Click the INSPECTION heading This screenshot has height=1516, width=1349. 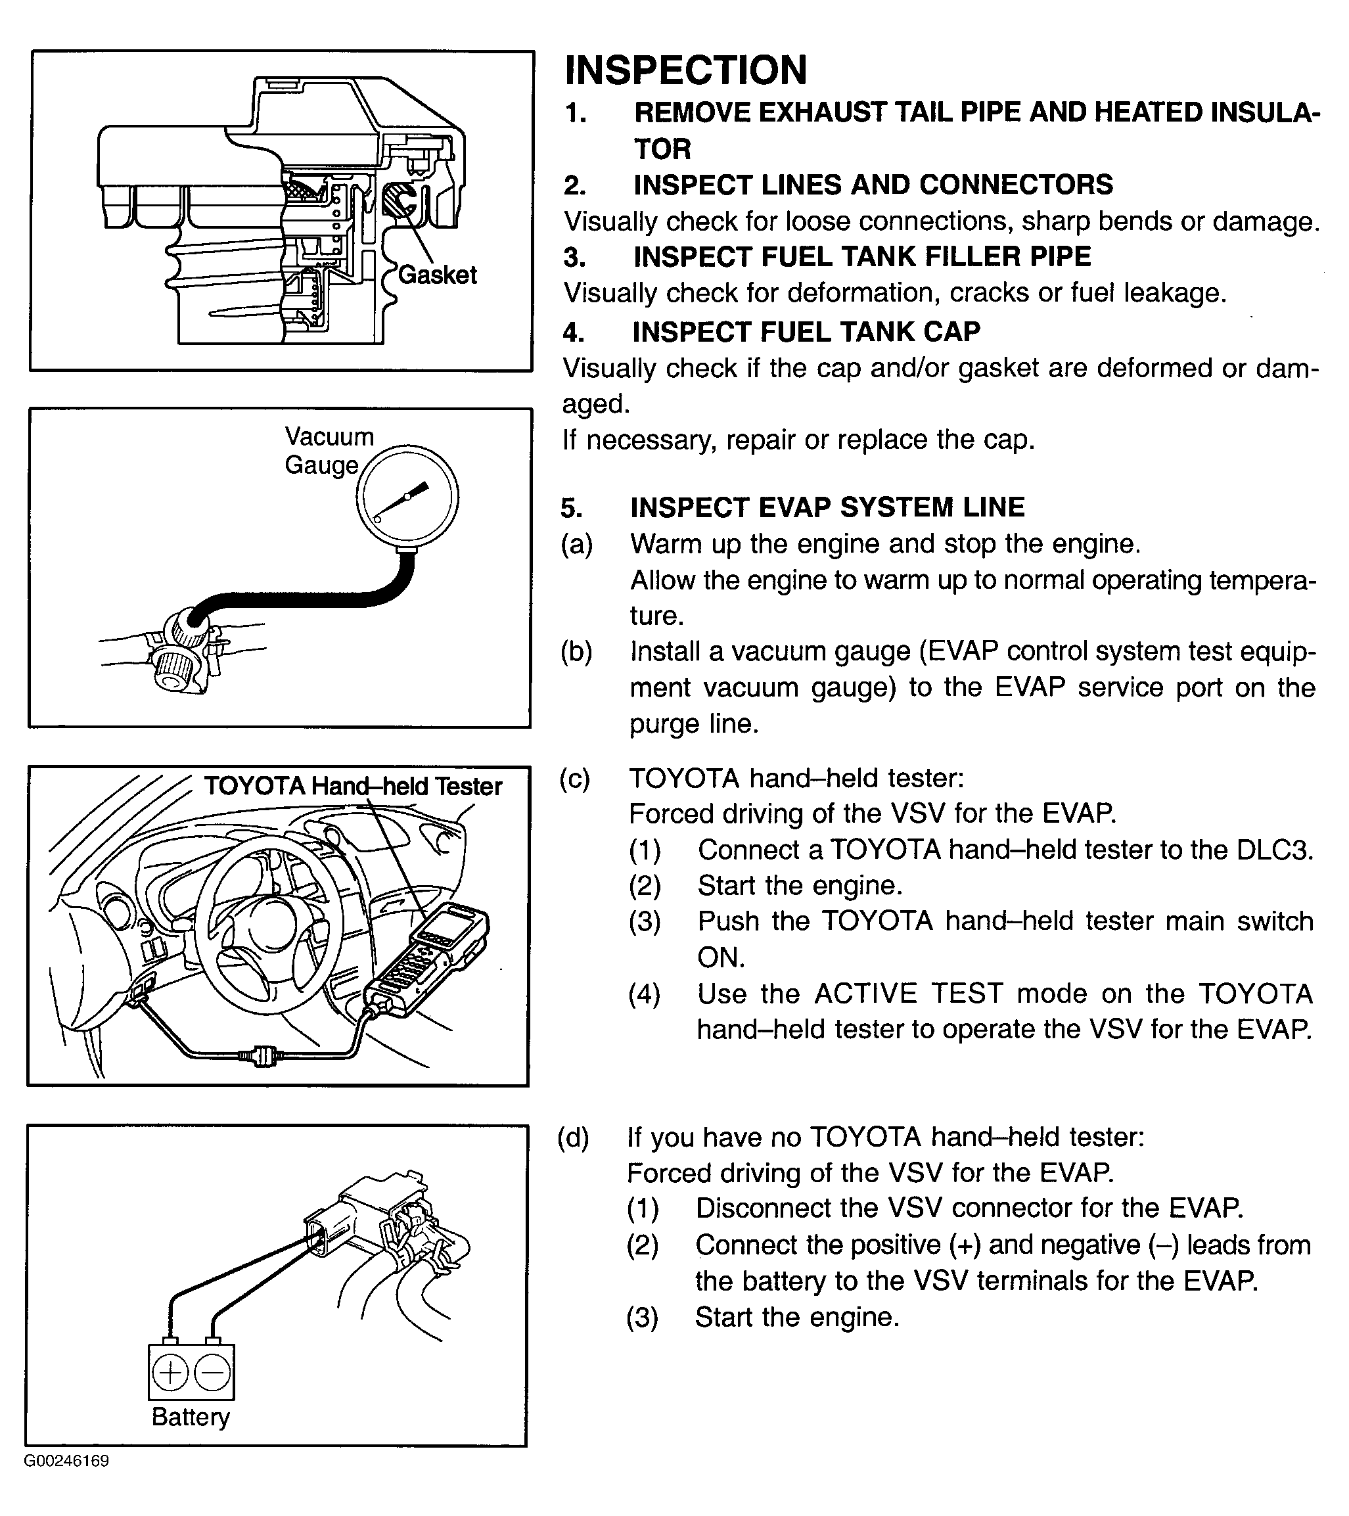[x=685, y=71]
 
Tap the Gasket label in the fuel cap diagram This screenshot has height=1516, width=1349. [x=438, y=275]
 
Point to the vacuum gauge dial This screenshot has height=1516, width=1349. [x=407, y=496]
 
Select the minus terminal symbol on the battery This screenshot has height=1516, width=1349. [x=212, y=1373]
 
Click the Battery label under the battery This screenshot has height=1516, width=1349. [x=191, y=1417]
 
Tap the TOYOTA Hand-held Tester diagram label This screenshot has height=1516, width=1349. [x=353, y=786]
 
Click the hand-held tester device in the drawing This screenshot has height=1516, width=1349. [x=428, y=957]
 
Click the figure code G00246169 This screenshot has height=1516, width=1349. [x=67, y=1461]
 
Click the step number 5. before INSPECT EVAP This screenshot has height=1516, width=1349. [x=571, y=509]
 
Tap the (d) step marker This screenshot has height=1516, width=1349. [x=573, y=1137]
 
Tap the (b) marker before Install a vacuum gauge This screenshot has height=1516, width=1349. [x=576, y=652]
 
